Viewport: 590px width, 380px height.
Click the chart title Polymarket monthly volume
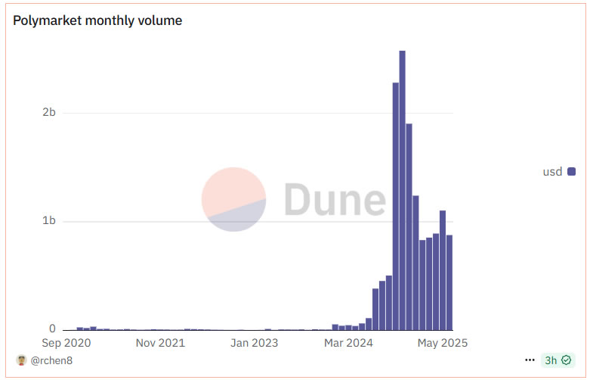pyautogui.click(x=97, y=20)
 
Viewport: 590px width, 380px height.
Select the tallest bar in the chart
pyautogui.click(x=402, y=189)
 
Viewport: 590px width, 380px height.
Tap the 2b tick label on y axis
pyautogui.click(x=48, y=113)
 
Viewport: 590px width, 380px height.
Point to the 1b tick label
pyautogui.click(x=48, y=221)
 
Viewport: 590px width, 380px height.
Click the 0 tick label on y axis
pyautogui.click(x=52, y=329)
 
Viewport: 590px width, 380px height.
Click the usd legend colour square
pyautogui.click(x=572, y=172)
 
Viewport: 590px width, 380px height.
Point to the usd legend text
pyautogui.click(x=552, y=172)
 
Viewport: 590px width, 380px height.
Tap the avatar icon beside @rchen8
pyautogui.click(x=21, y=360)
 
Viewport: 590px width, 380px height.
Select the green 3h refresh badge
pyautogui.click(x=558, y=360)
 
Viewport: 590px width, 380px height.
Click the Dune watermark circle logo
pyautogui.click(x=233, y=199)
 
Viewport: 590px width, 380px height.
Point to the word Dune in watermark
pyautogui.click(x=335, y=199)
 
